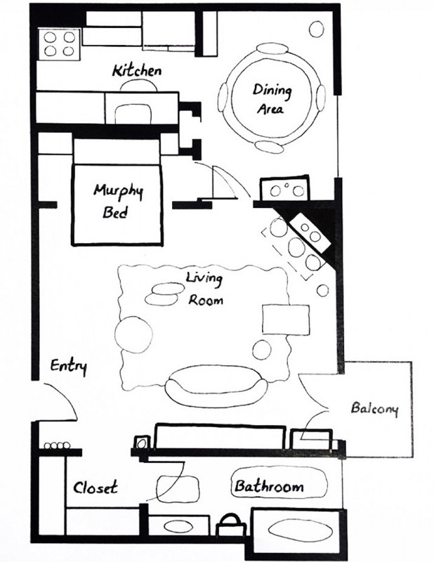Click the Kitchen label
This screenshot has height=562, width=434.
point(137,71)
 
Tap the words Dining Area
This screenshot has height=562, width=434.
point(272,98)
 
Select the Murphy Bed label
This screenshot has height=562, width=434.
point(118,201)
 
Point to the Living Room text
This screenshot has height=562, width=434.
point(205,289)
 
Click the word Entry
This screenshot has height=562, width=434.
point(68,367)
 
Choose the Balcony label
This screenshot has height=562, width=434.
point(374,409)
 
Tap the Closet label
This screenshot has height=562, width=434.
point(96,488)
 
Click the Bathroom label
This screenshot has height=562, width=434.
point(269,486)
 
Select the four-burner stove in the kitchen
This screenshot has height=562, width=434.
point(59,44)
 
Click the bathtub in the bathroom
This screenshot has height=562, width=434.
point(300,530)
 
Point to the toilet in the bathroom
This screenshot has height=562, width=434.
point(231,525)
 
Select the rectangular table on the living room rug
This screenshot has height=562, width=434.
point(286,320)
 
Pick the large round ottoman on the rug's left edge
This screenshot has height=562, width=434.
point(133,334)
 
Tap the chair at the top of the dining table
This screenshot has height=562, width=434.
point(272,48)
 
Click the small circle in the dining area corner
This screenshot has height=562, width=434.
point(317,29)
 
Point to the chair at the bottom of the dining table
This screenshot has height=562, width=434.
point(270,147)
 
